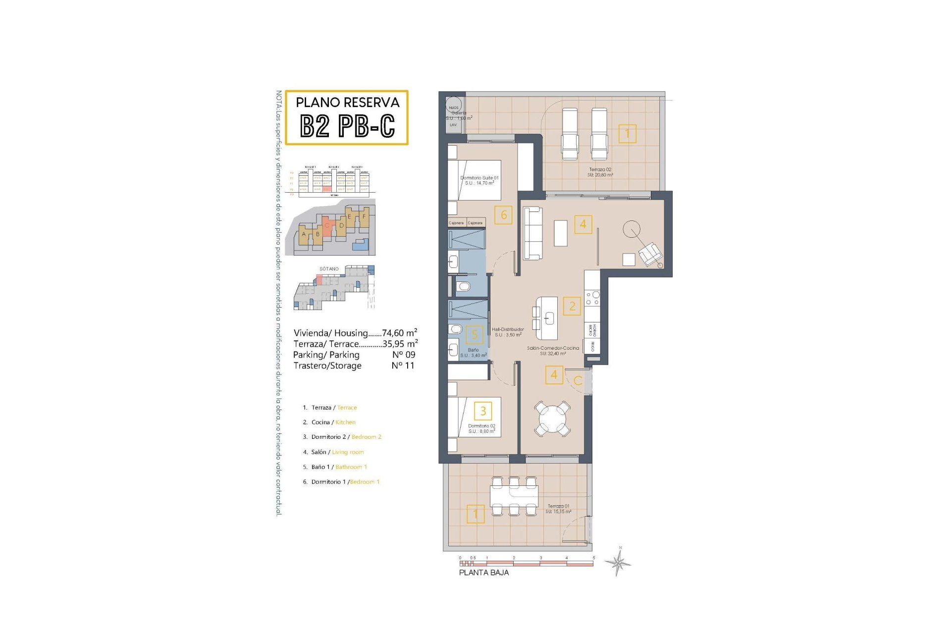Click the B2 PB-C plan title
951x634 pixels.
(x=347, y=125)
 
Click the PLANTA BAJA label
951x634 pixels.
(x=483, y=573)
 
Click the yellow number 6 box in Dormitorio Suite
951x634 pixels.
(x=503, y=215)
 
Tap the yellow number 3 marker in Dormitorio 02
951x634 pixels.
(x=483, y=411)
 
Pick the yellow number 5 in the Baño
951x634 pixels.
(x=475, y=335)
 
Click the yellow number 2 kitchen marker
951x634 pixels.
(x=572, y=306)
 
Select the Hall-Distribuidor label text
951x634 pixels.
(x=508, y=332)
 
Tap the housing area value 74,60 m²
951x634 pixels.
(x=399, y=333)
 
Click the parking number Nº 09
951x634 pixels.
(x=404, y=355)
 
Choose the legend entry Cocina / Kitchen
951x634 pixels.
(x=333, y=423)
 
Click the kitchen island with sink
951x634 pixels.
(x=547, y=318)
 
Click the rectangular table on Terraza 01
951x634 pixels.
(x=514, y=495)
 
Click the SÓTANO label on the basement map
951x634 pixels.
(x=329, y=269)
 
